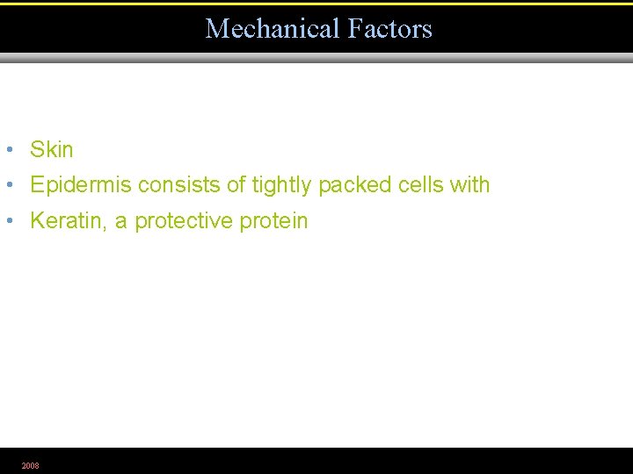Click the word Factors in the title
click(389, 29)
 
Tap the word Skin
click(52, 150)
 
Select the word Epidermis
click(81, 185)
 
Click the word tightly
click(282, 185)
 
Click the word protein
click(274, 221)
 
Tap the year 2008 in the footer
click(31, 465)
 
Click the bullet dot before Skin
click(8, 150)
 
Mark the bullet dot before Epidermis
click(8, 185)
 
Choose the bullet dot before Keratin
click(8, 221)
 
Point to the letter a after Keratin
click(120, 222)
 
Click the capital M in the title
click(216, 29)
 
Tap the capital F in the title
click(354, 29)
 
